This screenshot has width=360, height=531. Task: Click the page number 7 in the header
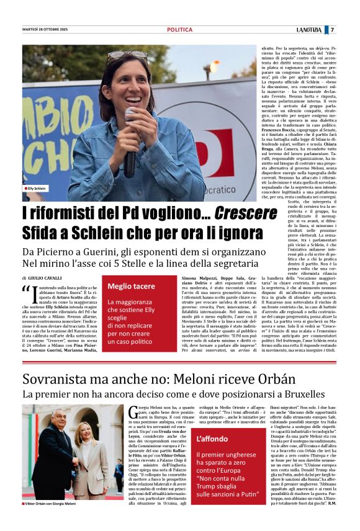tap(332, 30)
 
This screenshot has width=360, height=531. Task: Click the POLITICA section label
tap(179, 30)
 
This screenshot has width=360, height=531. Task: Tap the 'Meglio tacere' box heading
tap(132, 286)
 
